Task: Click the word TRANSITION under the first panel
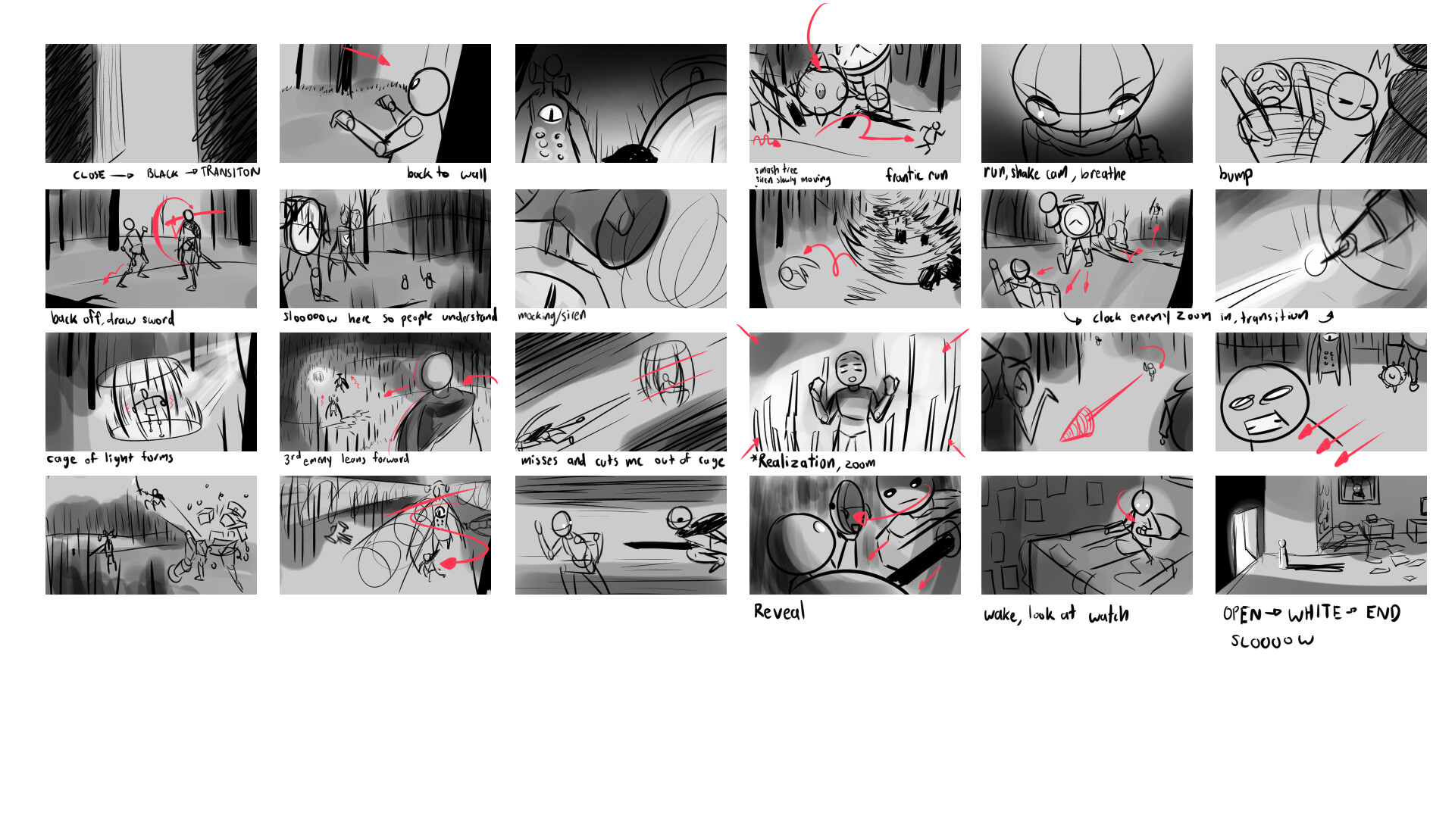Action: pyautogui.click(x=230, y=173)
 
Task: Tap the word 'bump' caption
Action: pyautogui.click(x=1235, y=175)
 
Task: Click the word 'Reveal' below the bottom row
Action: pyautogui.click(x=779, y=612)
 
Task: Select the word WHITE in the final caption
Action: pyautogui.click(x=1315, y=613)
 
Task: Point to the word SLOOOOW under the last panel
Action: pyautogui.click(x=1272, y=642)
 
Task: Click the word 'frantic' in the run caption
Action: pyautogui.click(x=904, y=176)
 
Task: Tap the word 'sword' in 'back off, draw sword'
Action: pyautogui.click(x=158, y=319)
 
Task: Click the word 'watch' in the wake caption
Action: pyautogui.click(x=1109, y=615)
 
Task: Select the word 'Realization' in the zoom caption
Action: pyautogui.click(x=796, y=462)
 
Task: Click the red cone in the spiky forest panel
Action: pyautogui.click(x=1078, y=426)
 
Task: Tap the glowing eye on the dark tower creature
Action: pyautogui.click(x=551, y=114)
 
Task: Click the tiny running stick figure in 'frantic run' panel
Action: pyautogui.click(x=931, y=136)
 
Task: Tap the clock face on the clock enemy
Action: pyautogui.click(x=1075, y=221)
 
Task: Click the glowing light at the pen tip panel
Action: pyautogui.click(x=1316, y=263)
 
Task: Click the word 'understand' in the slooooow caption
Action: pyautogui.click(x=469, y=316)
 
